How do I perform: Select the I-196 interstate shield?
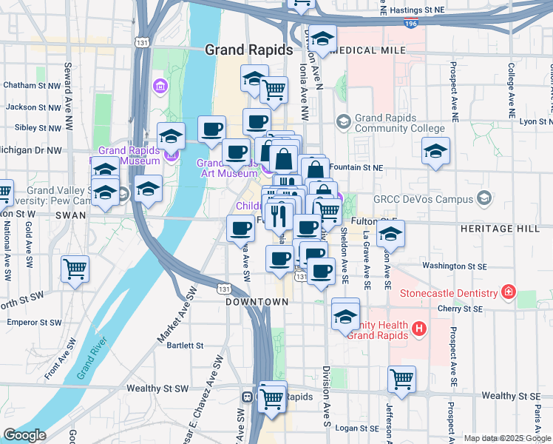coord(411,24)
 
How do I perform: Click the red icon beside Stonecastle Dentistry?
coord(508,292)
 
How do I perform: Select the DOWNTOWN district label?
coord(257,302)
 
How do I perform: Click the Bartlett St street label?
coord(185,345)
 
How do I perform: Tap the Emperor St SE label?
coord(33,323)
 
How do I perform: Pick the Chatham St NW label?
coord(31,85)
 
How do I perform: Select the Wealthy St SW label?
coord(157,388)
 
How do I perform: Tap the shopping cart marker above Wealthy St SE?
coord(401,380)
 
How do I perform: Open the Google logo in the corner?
coord(24,435)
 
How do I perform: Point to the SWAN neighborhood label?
coord(70,215)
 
